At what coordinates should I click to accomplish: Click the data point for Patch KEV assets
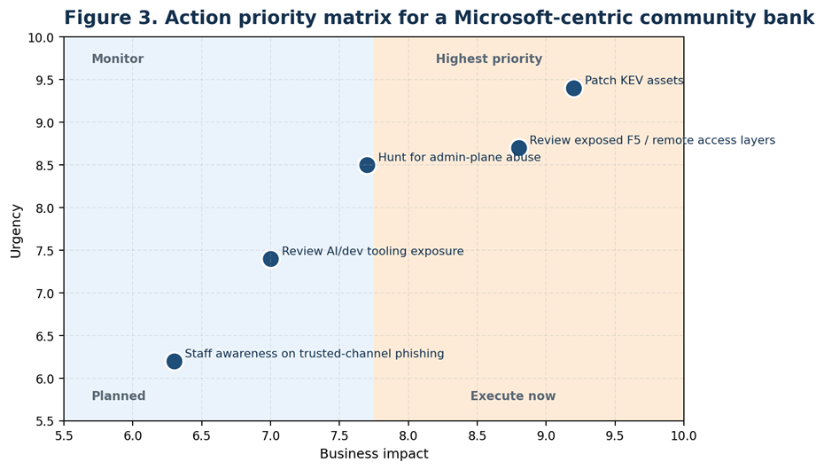pos(573,88)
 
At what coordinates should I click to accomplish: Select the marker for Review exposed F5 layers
pos(518,148)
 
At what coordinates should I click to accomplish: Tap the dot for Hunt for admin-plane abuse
pos(367,165)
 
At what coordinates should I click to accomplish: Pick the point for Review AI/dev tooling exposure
pos(270,259)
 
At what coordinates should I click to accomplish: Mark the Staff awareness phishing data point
pos(174,361)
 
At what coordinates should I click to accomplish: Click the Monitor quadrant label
pos(117,59)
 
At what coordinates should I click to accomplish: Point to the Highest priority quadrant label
pos(488,59)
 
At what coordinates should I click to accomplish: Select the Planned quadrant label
pos(118,396)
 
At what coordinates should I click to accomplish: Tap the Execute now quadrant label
pos(512,396)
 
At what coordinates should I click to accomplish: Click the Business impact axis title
pos(373,454)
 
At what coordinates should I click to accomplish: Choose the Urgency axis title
pos(16,230)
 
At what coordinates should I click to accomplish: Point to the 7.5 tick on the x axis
pos(339,436)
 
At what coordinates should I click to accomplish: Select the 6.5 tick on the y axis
pos(43,336)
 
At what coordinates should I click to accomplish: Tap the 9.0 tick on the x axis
pos(546,436)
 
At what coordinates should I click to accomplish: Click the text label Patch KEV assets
pos(634,81)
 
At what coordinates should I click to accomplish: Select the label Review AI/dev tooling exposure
pos(372,252)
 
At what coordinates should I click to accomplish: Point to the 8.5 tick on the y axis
pos(43,165)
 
